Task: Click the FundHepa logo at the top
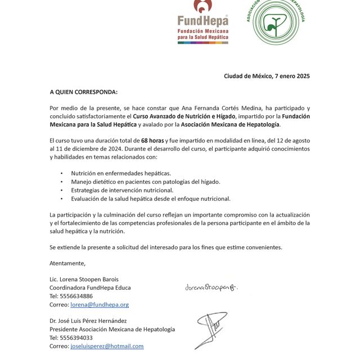point(203,22)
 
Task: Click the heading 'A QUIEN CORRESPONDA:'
point(84,92)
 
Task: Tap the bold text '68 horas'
point(152,140)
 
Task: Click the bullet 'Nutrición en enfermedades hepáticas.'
point(121,173)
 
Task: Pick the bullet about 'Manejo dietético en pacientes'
point(145,182)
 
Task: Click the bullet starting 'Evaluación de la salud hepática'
point(150,199)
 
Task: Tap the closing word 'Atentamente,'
point(67,263)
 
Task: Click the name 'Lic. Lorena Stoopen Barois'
point(84,279)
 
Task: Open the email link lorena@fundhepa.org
point(100,304)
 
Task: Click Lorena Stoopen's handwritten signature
point(211,287)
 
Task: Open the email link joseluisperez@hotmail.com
point(107,346)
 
